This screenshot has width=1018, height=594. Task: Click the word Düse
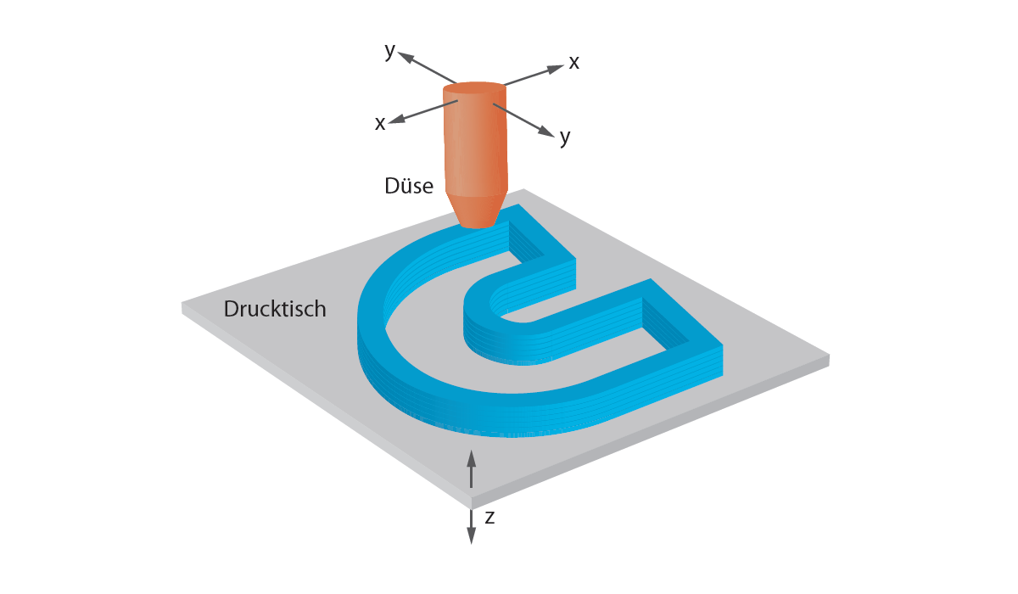(409, 185)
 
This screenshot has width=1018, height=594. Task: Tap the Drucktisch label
(275, 309)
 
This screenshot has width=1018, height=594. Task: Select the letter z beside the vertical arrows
(489, 517)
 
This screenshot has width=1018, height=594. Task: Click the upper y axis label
(390, 51)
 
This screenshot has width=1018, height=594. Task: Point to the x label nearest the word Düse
(381, 123)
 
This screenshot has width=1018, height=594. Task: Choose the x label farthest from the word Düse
(574, 62)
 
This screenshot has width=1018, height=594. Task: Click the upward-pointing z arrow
(472, 459)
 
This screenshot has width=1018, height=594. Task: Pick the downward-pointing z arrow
(472, 536)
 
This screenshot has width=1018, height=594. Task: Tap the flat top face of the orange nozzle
(474, 87)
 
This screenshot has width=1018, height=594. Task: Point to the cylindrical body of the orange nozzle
(474, 140)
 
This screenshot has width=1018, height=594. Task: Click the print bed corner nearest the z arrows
(470, 496)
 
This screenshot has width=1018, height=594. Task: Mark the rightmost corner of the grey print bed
(829, 356)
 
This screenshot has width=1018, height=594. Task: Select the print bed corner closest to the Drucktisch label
(183, 304)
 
